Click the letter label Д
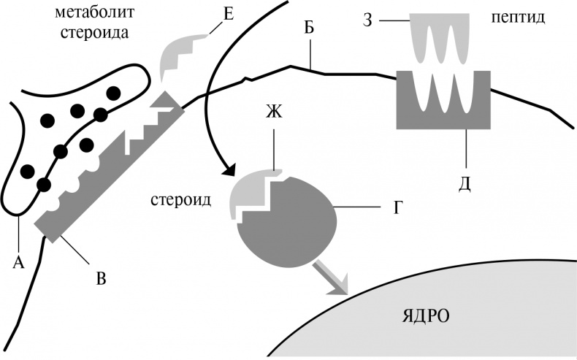coord(465,182)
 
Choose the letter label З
coord(368,20)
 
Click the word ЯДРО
coord(426,315)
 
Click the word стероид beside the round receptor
coord(181,199)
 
